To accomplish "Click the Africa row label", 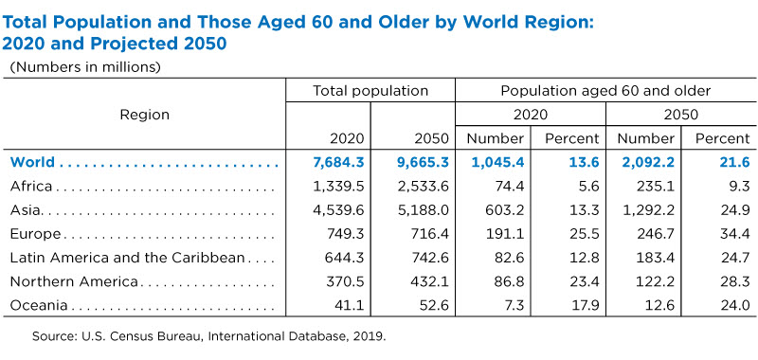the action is pos(31,186).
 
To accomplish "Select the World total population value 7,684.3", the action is pos(338,162).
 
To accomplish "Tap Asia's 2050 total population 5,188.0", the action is pos(424,210).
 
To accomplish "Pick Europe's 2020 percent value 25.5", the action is pos(585,234).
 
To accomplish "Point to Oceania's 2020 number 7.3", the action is pos(514,305).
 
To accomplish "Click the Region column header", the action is pos(145,115).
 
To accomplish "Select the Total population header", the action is pos(370,91).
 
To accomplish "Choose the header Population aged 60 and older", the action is pos(605,91).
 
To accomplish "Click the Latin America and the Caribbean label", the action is pos(127,258).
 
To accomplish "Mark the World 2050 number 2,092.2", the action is pos(648,162).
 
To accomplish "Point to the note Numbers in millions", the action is pos(85,66).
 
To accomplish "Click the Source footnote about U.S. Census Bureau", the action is pos(209,336).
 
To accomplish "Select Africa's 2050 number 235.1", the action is pos(656,186).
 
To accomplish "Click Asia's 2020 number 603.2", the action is pos(506,210).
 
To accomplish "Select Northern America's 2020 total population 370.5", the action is pos(346,281).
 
